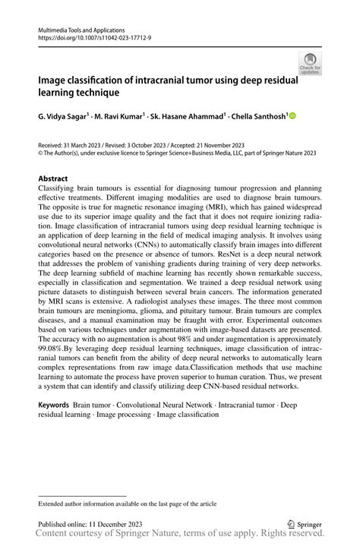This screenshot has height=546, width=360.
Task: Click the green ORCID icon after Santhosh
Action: (292, 116)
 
